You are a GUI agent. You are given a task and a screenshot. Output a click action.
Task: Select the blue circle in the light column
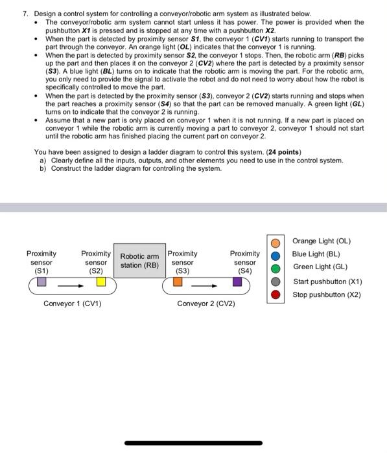[276, 256]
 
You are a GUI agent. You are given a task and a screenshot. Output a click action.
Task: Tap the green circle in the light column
[276, 269]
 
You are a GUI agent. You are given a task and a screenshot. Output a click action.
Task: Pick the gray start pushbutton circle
[276, 282]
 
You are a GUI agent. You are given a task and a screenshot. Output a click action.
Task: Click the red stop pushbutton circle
[276, 294]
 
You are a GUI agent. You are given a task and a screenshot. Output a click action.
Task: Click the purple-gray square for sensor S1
[41, 282]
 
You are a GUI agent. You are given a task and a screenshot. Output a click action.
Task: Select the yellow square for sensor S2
[100, 282]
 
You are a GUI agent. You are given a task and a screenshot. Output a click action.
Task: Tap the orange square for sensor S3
[178, 282]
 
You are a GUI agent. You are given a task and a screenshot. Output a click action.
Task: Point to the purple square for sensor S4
[238, 282]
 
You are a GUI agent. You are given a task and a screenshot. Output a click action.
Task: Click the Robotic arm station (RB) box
[139, 260]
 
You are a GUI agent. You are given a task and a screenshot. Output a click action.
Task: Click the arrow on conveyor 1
[71, 283]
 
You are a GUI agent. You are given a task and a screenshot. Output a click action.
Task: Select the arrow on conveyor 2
[207, 283]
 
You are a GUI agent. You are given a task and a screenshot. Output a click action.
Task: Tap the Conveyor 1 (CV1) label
[72, 304]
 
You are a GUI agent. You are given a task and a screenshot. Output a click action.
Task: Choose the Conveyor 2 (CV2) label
[206, 304]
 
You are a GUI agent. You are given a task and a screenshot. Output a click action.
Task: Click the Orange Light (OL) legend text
[322, 241]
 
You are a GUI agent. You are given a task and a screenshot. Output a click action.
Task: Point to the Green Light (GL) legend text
[320, 267]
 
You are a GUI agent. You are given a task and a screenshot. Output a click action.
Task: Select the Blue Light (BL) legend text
[316, 254]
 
